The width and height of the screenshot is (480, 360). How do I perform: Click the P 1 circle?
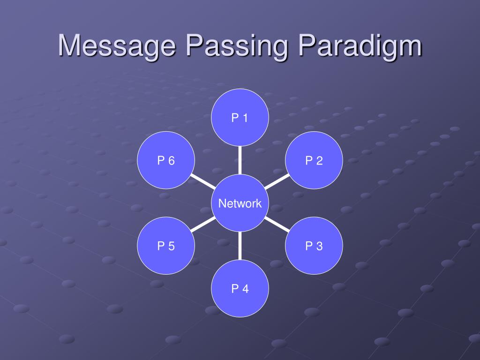(x=240, y=118)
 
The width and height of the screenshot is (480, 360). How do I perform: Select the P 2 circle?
(x=314, y=161)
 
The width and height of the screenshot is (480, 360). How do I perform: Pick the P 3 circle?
(x=314, y=246)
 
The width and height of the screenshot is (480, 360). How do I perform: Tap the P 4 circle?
(x=240, y=289)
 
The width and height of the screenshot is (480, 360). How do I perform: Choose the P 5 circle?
(x=166, y=246)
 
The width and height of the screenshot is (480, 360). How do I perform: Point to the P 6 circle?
(x=166, y=161)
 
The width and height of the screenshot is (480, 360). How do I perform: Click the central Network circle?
(x=240, y=203)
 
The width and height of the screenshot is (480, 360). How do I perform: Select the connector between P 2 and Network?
(x=277, y=182)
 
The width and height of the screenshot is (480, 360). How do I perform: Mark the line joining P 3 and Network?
(x=277, y=224)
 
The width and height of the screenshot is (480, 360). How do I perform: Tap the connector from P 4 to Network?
(x=240, y=246)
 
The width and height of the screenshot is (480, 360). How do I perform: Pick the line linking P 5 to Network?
(x=203, y=225)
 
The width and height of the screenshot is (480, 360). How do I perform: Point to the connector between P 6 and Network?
(x=203, y=182)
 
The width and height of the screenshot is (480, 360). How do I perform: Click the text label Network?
(x=240, y=203)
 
